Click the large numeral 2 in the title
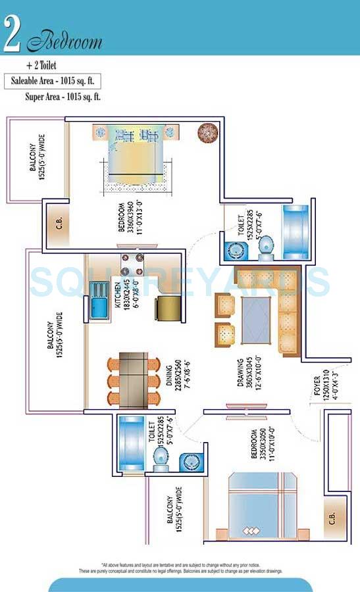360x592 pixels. pyautogui.click(x=13, y=34)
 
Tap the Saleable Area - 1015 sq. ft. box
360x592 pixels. pyautogui.click(x=54, y=82)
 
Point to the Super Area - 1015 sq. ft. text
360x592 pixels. pyautogui.click(x=63, y=97)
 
